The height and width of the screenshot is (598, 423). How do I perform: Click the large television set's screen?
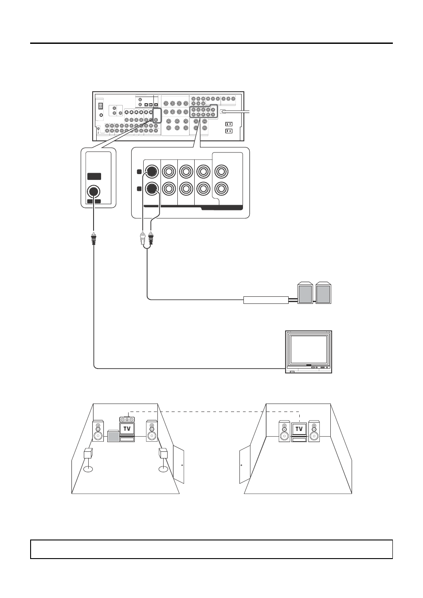pos(309,349)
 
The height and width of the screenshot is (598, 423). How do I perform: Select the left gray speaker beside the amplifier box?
pos(305,293)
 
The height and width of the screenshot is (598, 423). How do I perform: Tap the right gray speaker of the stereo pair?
pos(323,293)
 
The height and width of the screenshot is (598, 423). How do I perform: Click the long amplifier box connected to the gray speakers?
pos(266,300)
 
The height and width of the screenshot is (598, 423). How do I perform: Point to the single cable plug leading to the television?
pos(94,239)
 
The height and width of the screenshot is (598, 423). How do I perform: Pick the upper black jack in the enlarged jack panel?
pos(152,172)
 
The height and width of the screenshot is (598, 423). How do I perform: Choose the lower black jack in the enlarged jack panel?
pos(152,189)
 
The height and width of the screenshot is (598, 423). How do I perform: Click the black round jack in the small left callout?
pos(94,192)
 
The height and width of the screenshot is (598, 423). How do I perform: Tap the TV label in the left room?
pos(127,428)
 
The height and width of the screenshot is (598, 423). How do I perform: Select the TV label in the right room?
pos(299,429)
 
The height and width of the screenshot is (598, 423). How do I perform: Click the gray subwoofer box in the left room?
pos(113,436)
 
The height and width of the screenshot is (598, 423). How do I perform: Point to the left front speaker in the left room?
pos(98,431)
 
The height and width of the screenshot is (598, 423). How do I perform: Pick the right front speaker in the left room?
pos(152,431)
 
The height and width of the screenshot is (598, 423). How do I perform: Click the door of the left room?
pos(179,464)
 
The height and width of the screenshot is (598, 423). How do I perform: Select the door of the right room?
pos(244,464)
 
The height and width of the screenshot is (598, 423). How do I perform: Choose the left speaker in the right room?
pos(284,431)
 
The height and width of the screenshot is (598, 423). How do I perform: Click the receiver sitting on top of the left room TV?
pos(127,419)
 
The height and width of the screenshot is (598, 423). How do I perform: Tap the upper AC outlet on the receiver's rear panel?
pos(229,124)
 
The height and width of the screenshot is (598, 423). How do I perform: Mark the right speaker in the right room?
pos(314,431)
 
